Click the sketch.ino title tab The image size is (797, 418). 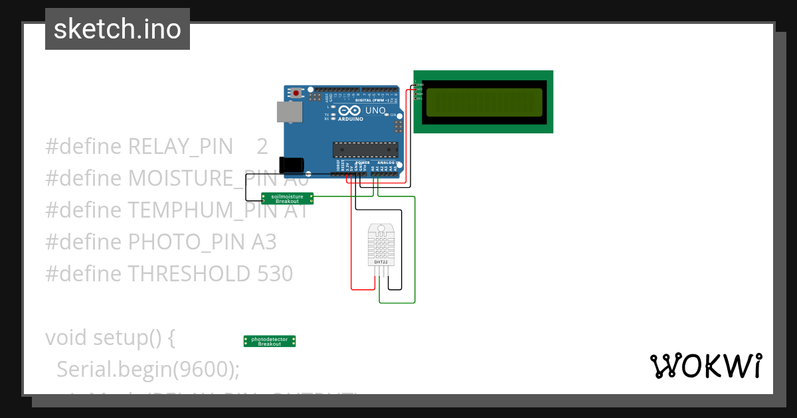(118, 29)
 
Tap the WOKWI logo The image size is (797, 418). (705, 366)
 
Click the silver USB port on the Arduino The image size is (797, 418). (290, 112)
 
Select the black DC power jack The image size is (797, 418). (292, 166)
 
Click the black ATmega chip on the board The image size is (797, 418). (365, 151)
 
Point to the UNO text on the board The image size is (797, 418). (375, 110)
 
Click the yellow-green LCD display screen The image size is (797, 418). (484, 102)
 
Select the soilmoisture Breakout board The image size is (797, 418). (287, 198)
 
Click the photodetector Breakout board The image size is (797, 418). (270, 341)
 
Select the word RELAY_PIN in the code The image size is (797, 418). (180, 146)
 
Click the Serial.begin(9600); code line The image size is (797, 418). (147, 369)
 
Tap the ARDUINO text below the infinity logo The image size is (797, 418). (351, 119)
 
